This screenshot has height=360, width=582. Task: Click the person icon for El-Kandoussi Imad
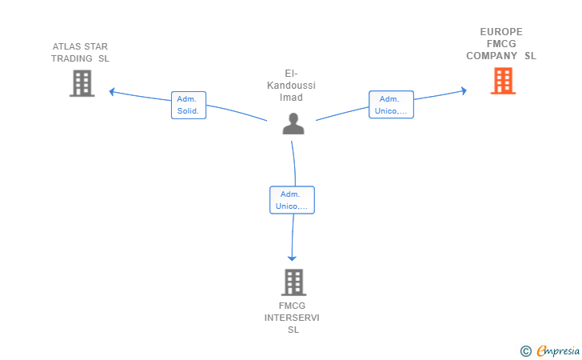pyautogui.click(x=293, y=123)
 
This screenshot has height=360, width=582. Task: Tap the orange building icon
pyautogui.click(x=503, y=81)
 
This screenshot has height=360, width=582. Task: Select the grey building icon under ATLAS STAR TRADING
pyautogui.click(x=82, y=83)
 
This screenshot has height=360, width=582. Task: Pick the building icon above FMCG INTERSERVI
pyautogui.click(x=293, y=282)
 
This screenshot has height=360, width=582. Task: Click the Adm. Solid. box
pyautogui.click(x=189, y=105)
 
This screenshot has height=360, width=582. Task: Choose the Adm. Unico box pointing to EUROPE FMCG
pyautogui.click(x=391, y=105)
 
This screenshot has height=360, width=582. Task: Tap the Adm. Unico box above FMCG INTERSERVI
pyautogui.click(x=292, y=200)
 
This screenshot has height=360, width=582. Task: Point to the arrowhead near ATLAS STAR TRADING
pyautogui.click(x=111, y=91)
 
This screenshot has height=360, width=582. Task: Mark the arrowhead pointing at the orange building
pyautogui.click(x=464, y=90)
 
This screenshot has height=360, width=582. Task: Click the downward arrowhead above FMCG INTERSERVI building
pyautogui.click(x=292, y=258)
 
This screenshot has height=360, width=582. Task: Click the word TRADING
pyautogui.click(x=72, y=58)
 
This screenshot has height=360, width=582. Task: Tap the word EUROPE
pyautogui.click(x=501, y=32)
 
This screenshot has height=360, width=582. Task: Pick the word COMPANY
pyautogui.click(x=492, y=56)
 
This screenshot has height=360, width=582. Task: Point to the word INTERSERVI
pyautogui.click(x=292, y=318)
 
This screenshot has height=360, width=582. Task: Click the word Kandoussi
pyautogui.click(x=291, y=86)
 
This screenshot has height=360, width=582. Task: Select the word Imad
pyautogui.click(x=291, y=98)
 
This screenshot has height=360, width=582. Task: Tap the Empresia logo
pyautogui.click(x=558, y=350)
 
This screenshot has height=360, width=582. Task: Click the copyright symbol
pyautogui.click(x=525, y=351)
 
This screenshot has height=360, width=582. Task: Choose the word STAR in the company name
pyautogui.click(x=96, y=46)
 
